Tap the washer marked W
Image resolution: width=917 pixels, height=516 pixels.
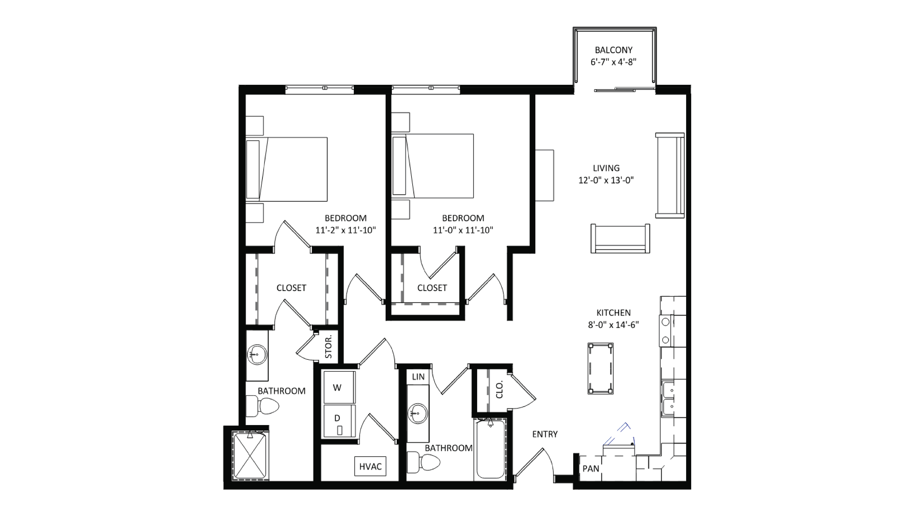[x=339, y=388]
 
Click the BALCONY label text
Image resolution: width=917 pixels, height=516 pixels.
[x=613, y=50]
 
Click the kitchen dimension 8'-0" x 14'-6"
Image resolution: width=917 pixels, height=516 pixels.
[x=613, y=325]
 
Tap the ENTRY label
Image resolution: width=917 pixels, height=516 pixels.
[x=545, y=434]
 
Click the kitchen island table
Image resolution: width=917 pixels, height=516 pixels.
[x=601, y=368]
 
